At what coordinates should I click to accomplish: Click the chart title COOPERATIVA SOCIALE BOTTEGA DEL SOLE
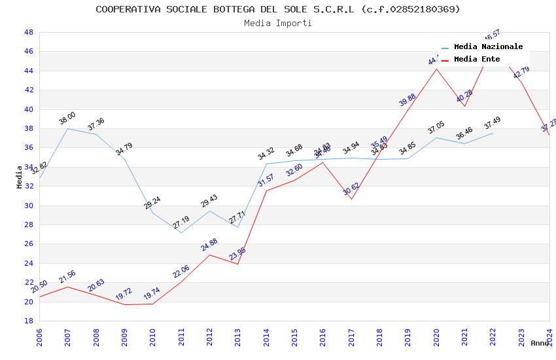tap(278, 9)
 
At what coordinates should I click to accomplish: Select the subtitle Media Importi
tap(278, 23)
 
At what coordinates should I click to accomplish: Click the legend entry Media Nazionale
tap(488, 47)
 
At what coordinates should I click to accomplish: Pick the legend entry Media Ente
tap(477, 60)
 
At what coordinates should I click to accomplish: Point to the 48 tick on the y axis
tap(29, 32)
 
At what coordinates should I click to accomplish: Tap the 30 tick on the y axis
tap(29, 206)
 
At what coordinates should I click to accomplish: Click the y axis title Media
tap(20, 177)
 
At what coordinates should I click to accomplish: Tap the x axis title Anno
tap(540, 343)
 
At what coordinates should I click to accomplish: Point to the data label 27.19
tap(181, 223)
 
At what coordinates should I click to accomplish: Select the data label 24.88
tap(209, 245)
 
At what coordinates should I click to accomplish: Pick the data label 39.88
tap(408, 99)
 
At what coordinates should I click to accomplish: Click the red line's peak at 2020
tap(436, 69)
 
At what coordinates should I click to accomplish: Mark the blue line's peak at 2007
tap(67, 128)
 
